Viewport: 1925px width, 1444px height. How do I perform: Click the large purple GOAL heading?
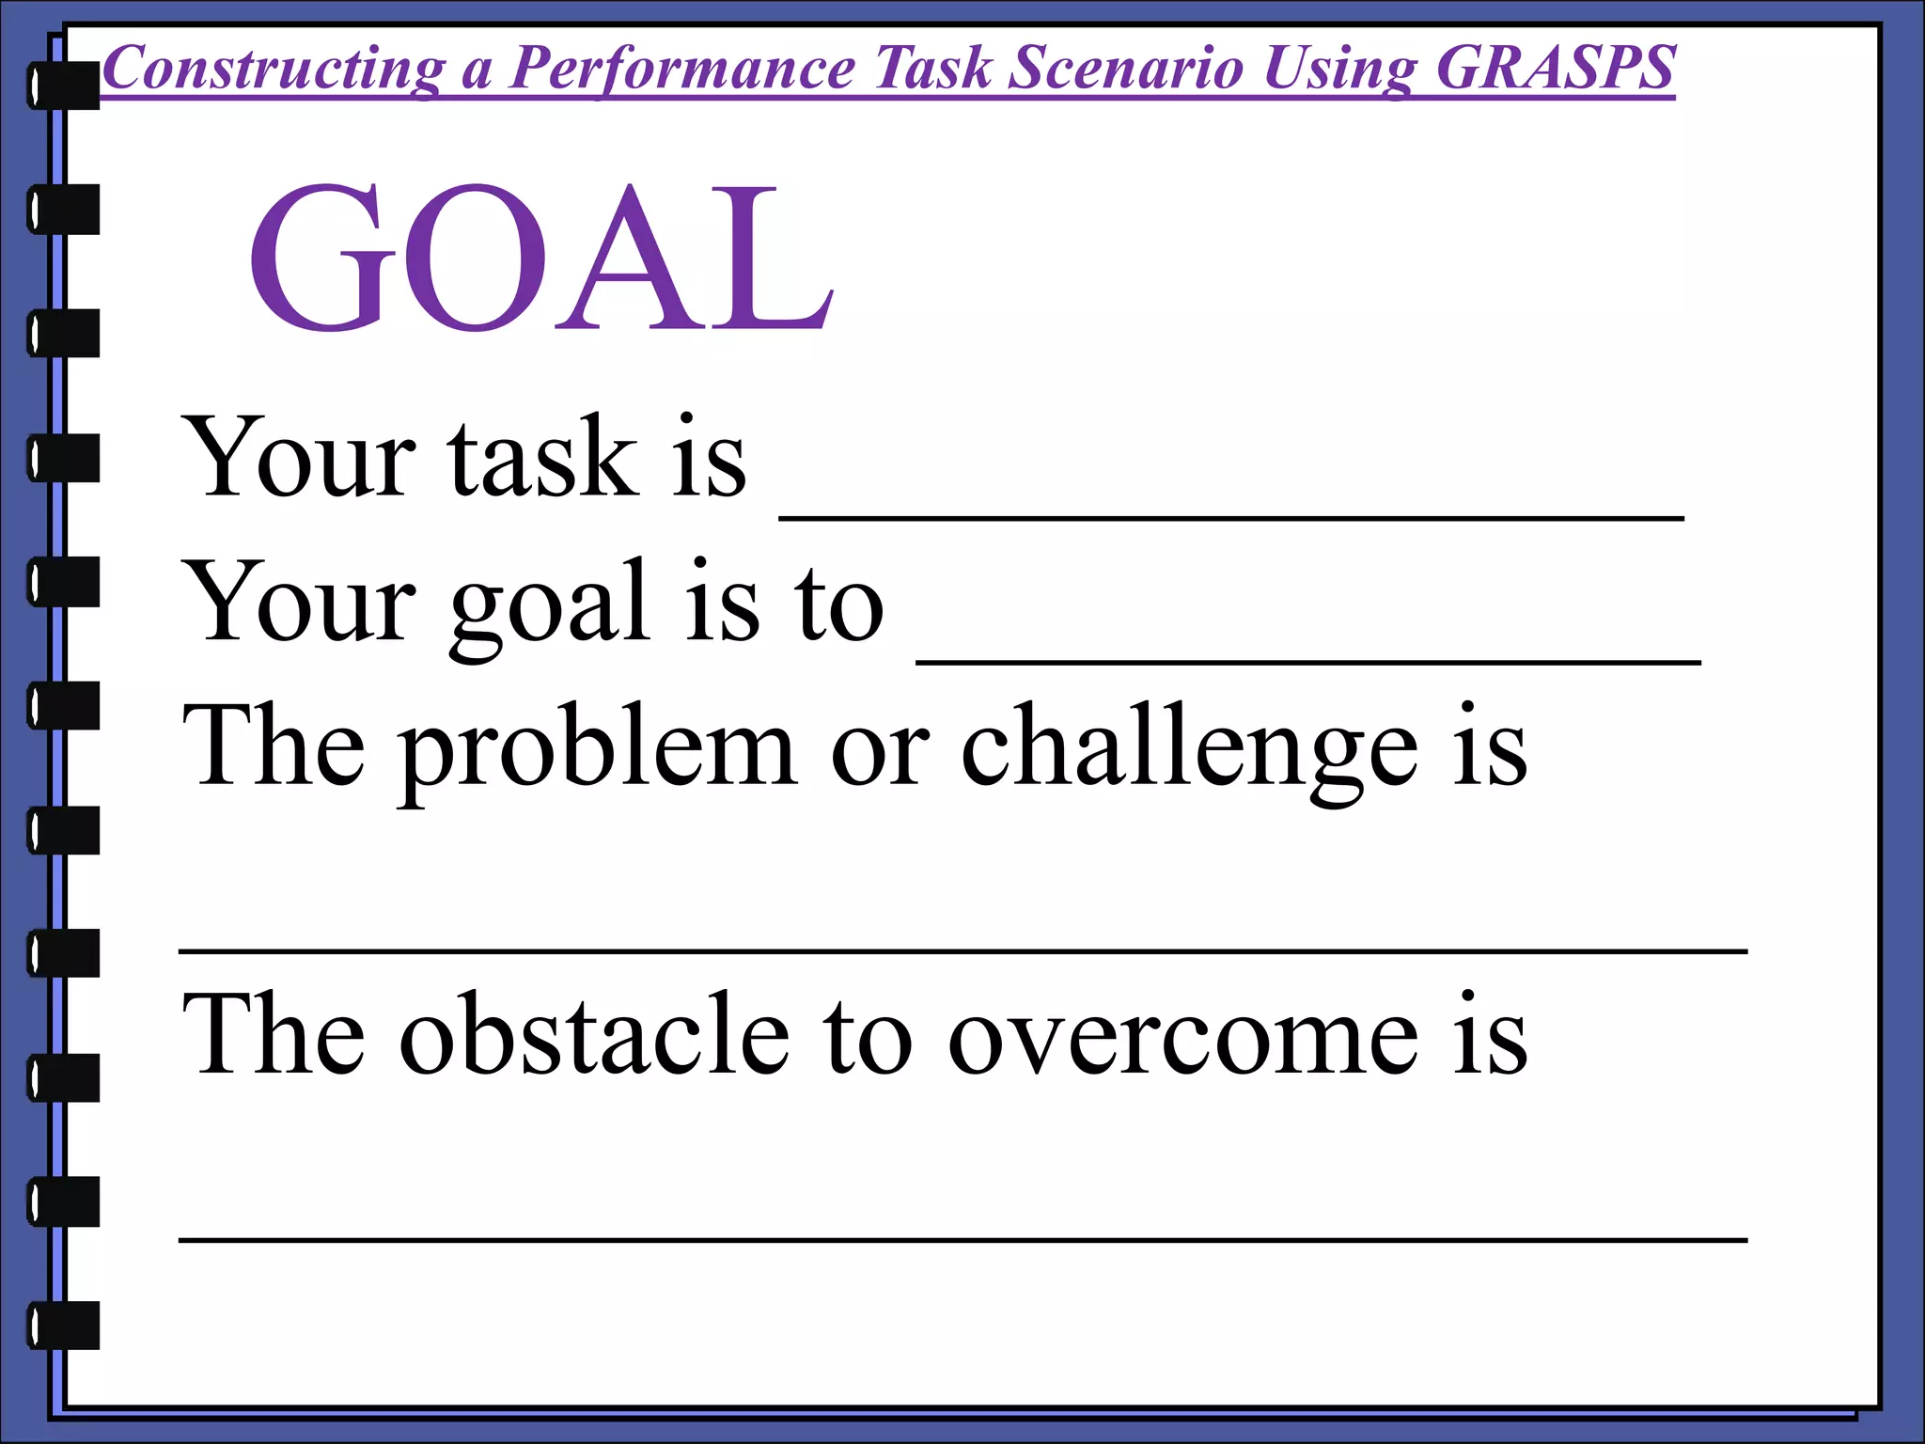click(x=540, y=259)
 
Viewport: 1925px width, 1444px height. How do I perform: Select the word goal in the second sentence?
click(x=549, y=606)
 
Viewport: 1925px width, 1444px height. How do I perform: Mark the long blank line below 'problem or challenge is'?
click(x=962, y=951)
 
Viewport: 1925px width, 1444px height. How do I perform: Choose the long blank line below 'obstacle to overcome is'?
click(x=962, y=1240)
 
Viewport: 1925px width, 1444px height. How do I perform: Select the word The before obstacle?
click(x=273, y=1034)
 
